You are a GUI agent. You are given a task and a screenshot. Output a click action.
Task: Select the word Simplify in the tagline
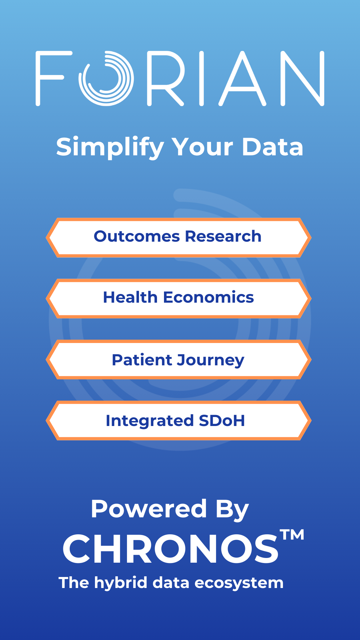110,147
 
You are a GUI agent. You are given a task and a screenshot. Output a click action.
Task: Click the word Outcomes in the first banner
137,236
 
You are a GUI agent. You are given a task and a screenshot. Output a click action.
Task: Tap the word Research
223,236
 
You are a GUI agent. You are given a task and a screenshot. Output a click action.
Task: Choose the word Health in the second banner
130,297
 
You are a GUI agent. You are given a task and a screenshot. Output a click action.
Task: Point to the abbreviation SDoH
222,421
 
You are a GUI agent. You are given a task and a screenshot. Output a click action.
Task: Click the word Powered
149,509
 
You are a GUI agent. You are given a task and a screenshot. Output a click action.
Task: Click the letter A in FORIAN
242,79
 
